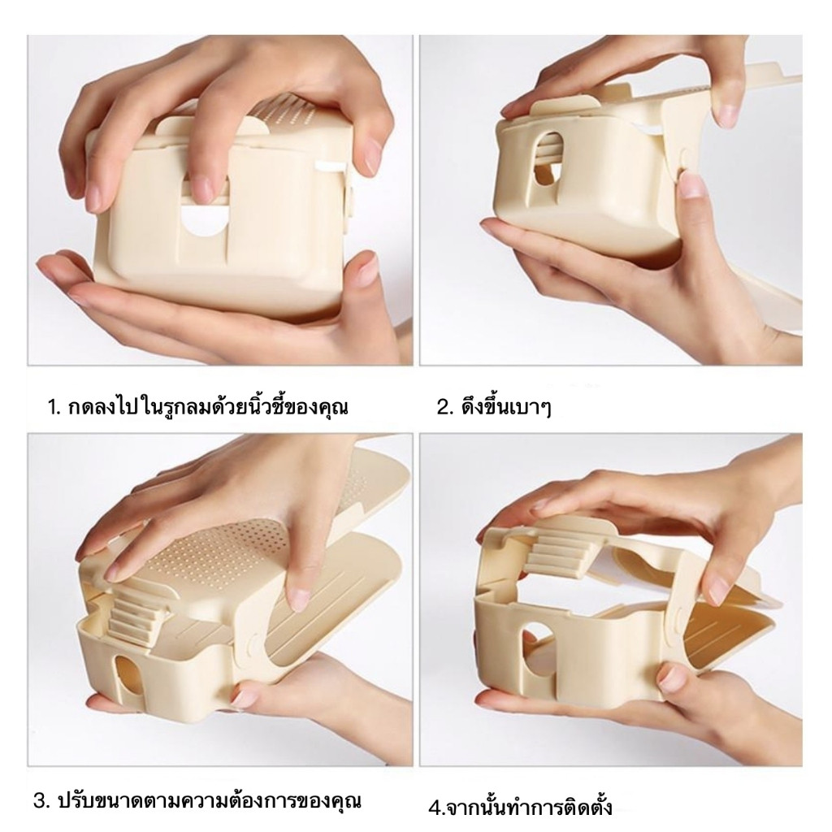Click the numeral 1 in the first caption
click(x=51, y=408)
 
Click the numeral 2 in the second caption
click(x=441, y=408)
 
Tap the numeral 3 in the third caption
click(x=40, y=800)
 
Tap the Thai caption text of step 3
click(x=210, y=800)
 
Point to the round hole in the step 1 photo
click(x=205, y=223)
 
